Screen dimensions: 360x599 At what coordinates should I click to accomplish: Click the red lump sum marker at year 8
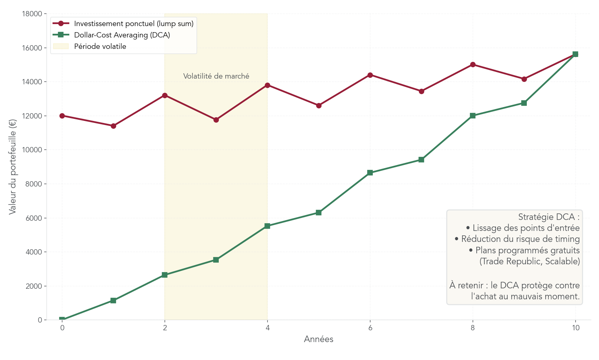[x=473, y=64]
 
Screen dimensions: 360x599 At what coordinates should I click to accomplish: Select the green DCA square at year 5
[x=319, y=213]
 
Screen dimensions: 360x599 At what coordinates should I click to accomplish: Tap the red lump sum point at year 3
[x=216, y=120]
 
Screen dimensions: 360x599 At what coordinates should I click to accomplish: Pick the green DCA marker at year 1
[x=113, y=301]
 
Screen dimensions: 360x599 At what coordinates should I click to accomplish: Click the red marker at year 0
[x=62, y=116]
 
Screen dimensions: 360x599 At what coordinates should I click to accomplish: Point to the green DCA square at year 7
[x=421, y=160]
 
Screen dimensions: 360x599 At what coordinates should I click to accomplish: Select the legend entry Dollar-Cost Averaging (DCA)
[x=122, y=35]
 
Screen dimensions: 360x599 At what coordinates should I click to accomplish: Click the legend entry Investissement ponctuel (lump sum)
[x=134, y=24]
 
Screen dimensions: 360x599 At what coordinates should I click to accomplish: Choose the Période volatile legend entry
[x=100, y=46]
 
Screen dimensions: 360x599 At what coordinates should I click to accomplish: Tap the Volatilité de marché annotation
[x=216, y=76]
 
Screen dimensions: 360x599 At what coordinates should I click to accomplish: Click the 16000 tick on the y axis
[x=32, y=48]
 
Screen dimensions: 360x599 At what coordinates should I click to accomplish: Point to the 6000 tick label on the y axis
[x=33, y=218]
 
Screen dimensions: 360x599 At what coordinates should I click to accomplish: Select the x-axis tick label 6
[x=370, y=328]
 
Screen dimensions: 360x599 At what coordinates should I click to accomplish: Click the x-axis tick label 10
[x=575, y=328]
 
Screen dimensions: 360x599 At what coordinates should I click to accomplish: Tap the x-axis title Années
[x=319, y=339]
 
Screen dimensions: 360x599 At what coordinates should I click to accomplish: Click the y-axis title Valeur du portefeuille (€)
[x=13, y=167]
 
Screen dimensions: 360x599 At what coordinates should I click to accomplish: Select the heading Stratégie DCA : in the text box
[x=548, y=217]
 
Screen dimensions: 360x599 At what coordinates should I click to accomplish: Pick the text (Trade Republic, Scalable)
[x=529, y=261]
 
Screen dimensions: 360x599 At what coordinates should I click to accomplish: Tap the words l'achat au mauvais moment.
[x=525, y=296]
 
